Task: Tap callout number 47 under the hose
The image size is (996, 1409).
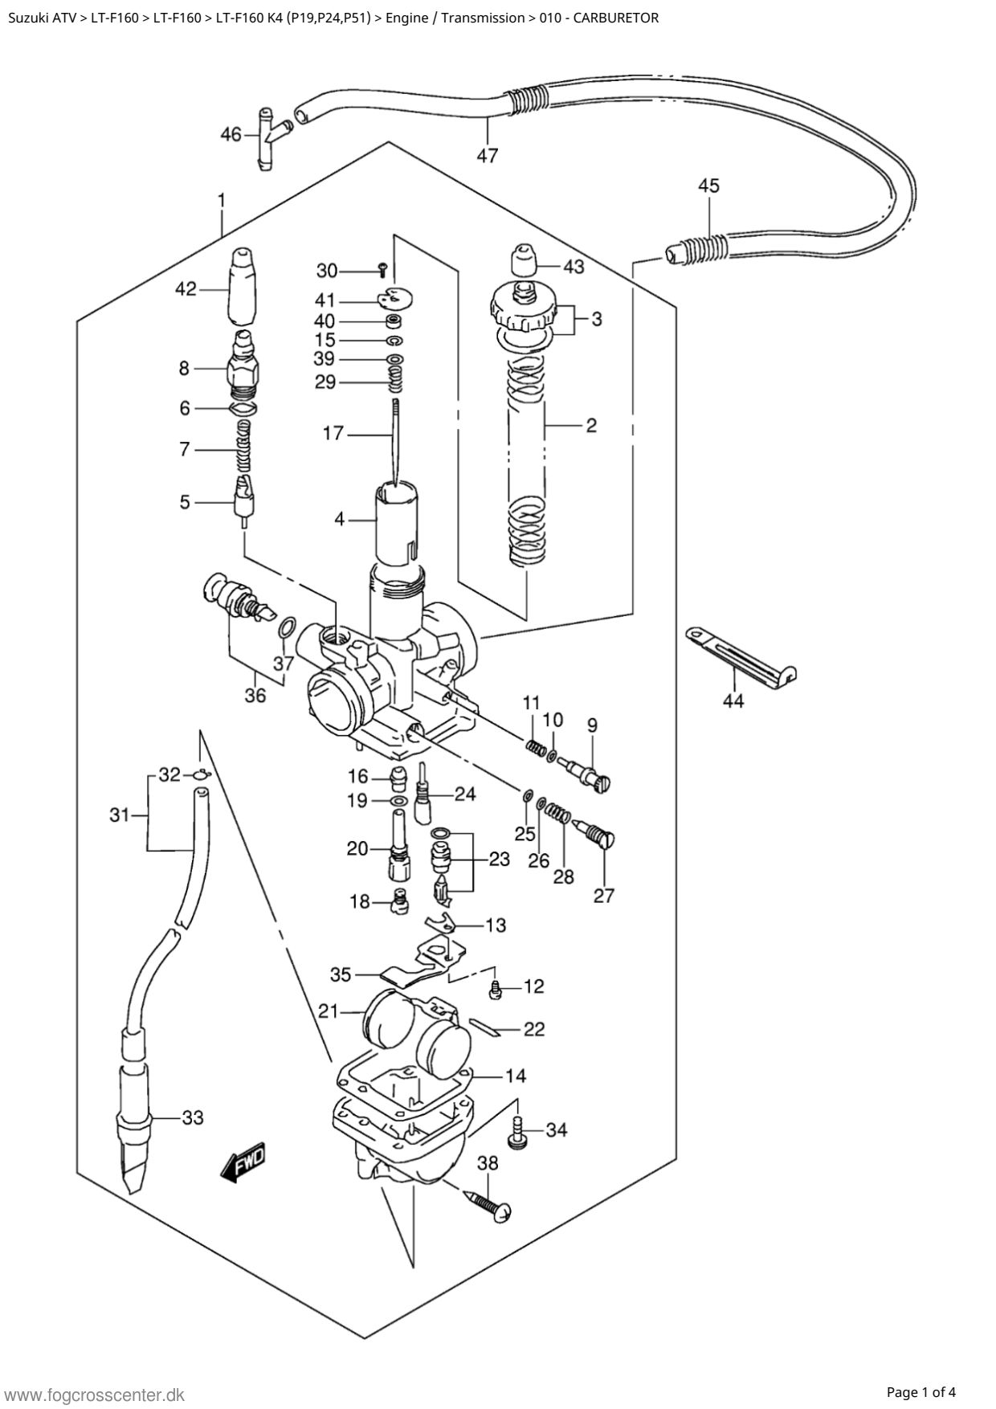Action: coord(488,155)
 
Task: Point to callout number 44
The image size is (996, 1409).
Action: coord(733,700)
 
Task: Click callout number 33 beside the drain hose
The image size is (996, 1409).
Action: coord(193,1117)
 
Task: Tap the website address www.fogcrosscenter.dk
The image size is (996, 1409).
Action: coord(95,1395)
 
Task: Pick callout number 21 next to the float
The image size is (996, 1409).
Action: coord(328,1011)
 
